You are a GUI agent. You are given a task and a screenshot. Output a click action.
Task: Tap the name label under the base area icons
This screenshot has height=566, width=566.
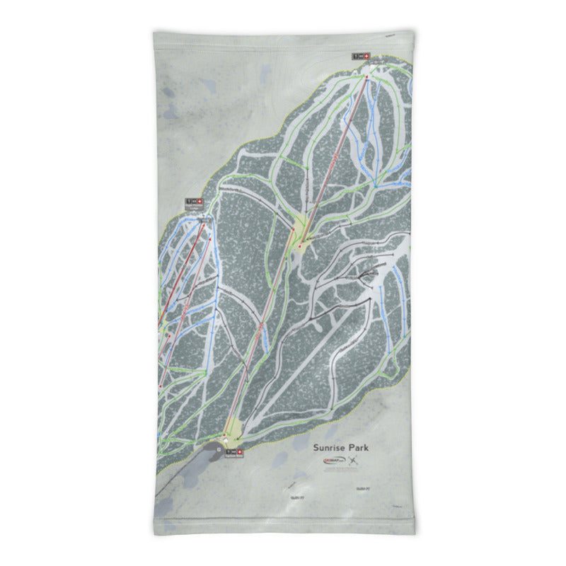[x=233, y=457]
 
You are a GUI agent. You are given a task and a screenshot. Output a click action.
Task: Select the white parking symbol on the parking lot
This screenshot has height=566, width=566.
[x=219, y=449]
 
